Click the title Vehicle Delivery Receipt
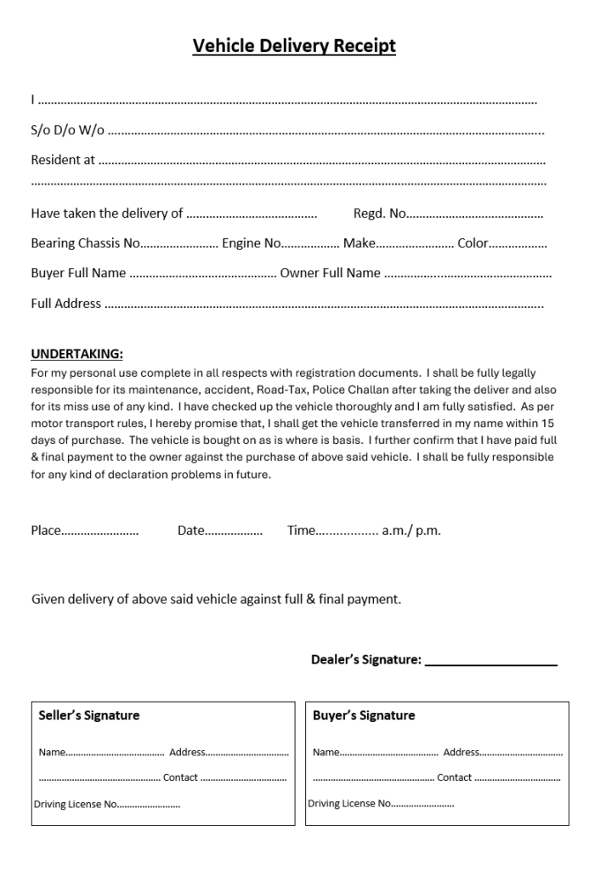[x=294, y=46]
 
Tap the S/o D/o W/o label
[x=67, y=130]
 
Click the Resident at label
[x=63, y=159]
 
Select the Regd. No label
[x=379, y=213]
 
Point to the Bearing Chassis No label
[x=85, y=243]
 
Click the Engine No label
[x=251, y=243]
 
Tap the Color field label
[x=473, y=243]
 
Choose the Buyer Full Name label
[x=78, y=273]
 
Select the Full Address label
[x=65, y=303]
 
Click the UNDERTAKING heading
[x=76, y=354]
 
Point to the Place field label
[x=46, y=531]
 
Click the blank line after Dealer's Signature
[x=490, y=660]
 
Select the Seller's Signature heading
[x=88, y=715]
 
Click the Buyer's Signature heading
[x=364, y=715]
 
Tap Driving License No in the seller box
[x=75, y=804]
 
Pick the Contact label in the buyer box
[x=454, y=777]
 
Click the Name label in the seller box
[x=51, y=752]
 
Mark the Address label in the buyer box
[x=461, y=752]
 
